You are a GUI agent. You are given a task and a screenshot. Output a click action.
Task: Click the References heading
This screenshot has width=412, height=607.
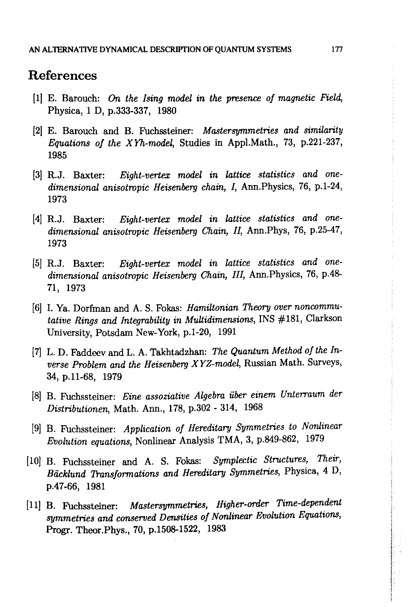click(62, 76)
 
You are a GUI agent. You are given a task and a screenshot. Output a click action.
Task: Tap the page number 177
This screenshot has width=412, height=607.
click(337, 49)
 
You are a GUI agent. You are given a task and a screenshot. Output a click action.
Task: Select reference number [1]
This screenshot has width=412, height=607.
click(37, 98)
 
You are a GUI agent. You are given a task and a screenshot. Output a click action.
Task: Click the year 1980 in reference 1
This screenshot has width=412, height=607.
click(167, 111)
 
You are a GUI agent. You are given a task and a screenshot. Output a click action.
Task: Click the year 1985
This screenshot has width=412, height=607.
click(57, 155)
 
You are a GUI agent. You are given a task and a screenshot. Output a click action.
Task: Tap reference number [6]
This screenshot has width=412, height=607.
click(37, 308)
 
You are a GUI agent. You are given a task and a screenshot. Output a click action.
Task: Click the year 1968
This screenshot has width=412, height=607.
click(253, 407)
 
